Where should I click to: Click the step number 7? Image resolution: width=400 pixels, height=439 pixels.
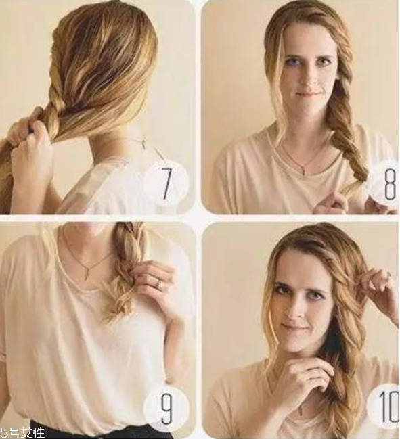[x=166, y=183]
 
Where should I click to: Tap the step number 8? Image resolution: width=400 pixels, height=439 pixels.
[x=390, y=184]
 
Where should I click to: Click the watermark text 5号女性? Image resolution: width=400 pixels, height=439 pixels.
[x=22, y=432]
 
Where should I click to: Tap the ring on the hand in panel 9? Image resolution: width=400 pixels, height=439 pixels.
[x=159, y=283]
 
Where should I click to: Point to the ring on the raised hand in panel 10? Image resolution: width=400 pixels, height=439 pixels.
[x=389, y=275]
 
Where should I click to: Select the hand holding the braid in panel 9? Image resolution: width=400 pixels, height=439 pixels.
[x=153, y=280]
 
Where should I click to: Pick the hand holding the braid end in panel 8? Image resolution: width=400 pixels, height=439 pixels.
[x=333, y=203]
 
